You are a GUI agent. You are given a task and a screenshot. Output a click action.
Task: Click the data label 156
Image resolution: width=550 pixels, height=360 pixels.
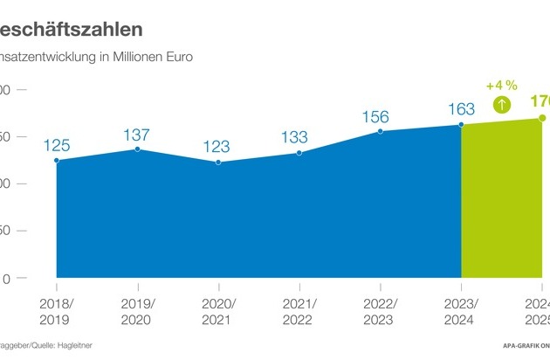[380, 115]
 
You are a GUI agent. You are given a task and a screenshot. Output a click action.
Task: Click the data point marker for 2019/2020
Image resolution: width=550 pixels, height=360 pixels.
[137, 149]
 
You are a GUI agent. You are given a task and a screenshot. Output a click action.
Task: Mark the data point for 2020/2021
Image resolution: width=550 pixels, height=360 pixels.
[217, 163]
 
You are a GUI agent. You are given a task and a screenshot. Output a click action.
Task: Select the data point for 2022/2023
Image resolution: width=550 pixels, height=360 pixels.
[380, 132]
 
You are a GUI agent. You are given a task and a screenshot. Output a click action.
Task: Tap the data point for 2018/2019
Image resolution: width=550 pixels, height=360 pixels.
[56, 160]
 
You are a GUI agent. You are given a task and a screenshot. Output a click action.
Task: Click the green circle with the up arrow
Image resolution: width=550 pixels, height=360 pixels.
[503, 105]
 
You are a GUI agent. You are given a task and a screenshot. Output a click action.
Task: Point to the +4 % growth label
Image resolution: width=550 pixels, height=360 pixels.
[502, 86]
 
